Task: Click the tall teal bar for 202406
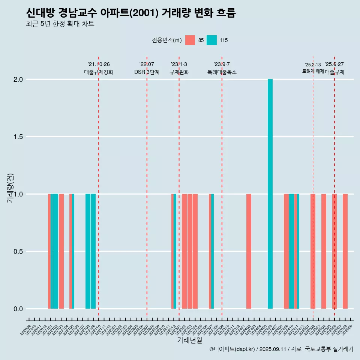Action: click(270, 194)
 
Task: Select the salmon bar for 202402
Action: click(249, 251)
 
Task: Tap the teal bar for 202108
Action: click(88, 251)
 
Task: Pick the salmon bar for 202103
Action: click(61, 251)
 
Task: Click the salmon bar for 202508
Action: click(345, 251)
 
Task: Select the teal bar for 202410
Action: click(291, 251)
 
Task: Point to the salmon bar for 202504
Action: click(324, 251)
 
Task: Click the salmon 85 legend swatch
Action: click(190, 40)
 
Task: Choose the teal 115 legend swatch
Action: click(212, 40)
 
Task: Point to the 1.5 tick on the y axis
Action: click(18, 137)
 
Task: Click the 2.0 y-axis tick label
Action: click(18, 79)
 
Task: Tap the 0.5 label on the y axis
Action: click(18, 252)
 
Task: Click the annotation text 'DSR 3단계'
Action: click(147, 72)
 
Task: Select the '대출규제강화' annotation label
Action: click(98, 72)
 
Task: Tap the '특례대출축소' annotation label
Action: click(222, 72)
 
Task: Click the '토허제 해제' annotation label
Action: click(313, 71)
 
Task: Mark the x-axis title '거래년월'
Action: click(189, 340)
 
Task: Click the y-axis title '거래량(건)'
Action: click(10, 188)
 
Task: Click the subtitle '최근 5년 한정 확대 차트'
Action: click(60, 24)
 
